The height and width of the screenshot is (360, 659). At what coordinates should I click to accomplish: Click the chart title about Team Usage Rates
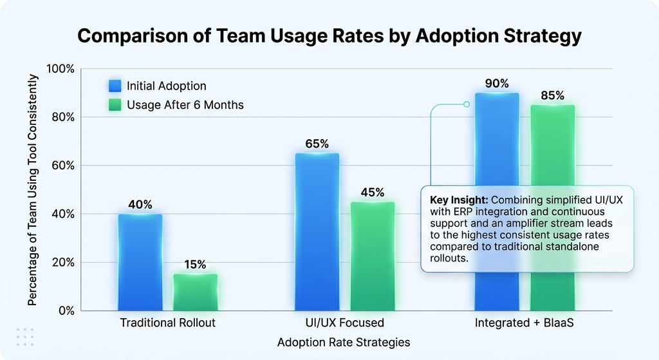[x=329, y=35]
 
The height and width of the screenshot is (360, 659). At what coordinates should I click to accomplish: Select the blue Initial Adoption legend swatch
[x=115, y=86]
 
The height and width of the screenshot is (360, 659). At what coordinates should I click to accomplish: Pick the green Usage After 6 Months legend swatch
[x=115, y=104]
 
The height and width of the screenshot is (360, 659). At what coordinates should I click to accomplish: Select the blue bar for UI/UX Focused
[x=317, y=232]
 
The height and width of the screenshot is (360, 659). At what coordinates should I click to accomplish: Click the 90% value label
[x=497, y=84]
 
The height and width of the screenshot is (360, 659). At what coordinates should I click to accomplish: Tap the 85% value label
[x=552, y=96]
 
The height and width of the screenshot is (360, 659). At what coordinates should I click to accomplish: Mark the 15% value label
[x=195, y=265]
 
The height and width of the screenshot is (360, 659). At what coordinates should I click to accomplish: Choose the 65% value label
[x=317, y=144]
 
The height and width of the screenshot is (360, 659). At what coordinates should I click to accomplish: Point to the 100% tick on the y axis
[x=62, y=69]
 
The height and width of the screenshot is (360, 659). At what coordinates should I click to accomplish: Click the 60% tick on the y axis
[x=64, y=166]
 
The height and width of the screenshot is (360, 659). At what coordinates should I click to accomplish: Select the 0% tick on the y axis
[x=67, y=310]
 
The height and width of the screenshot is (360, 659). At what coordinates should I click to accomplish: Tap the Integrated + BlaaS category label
[x=524, y=323]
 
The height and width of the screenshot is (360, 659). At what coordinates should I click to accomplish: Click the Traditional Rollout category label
[x=168, y=323]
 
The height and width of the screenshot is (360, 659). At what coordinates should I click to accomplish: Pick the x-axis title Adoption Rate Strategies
[x=344, y=342]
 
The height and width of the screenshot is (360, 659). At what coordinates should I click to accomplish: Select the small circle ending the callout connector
[x=467, y=104]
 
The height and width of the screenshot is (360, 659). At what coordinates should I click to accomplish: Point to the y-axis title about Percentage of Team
[x=33, y=190]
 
